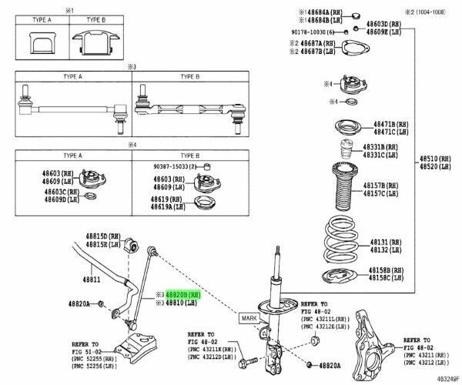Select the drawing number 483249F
[x=443, y=379]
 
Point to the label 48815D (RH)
[x=103, y=236]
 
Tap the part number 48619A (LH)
[x=166, y=208]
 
